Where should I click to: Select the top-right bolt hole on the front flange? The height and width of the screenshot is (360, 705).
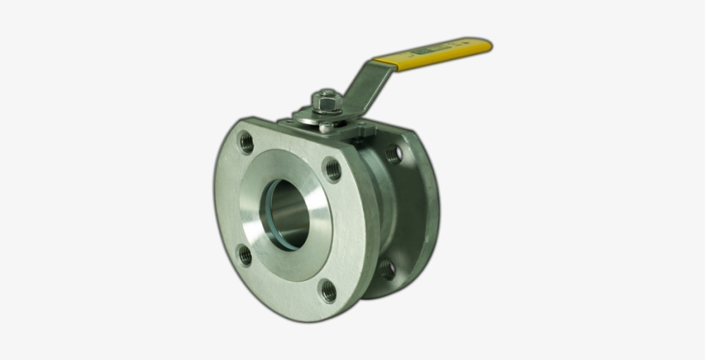(x=332, y=169)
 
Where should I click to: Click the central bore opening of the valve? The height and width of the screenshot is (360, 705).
(x=288, y=214)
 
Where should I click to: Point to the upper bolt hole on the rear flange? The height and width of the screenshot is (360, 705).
(x=394, y=155)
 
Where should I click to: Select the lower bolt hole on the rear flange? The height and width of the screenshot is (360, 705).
(x=386, y=269)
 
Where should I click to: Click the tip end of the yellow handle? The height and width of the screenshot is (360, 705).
(x=487, y=45)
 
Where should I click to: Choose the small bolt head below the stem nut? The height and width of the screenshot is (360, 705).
(x=328, y=126)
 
